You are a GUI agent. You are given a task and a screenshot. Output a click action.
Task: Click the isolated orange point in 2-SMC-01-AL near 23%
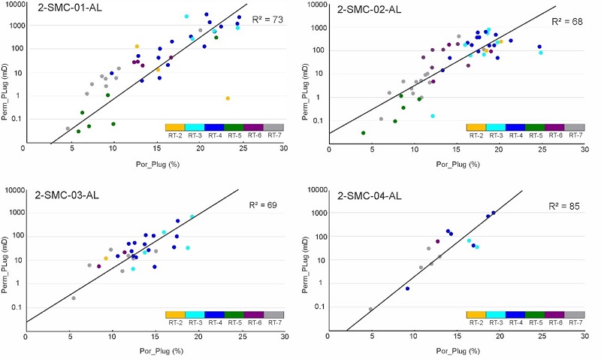click(x=228, y=98)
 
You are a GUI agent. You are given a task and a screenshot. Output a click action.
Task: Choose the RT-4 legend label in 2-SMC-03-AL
click(x=213, y=322)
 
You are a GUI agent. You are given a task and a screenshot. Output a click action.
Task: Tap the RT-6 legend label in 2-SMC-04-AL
click(x=554, y=322)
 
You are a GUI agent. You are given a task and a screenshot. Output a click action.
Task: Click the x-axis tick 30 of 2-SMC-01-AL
click(x=284, y=149)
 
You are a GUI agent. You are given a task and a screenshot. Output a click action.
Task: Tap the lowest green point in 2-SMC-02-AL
click(x=364, y=133)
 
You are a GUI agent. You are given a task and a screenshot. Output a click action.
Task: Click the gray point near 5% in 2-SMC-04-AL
click(x=371, y=309)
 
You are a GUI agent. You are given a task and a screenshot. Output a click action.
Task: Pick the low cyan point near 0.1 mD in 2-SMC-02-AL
click(x=433, y=116)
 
